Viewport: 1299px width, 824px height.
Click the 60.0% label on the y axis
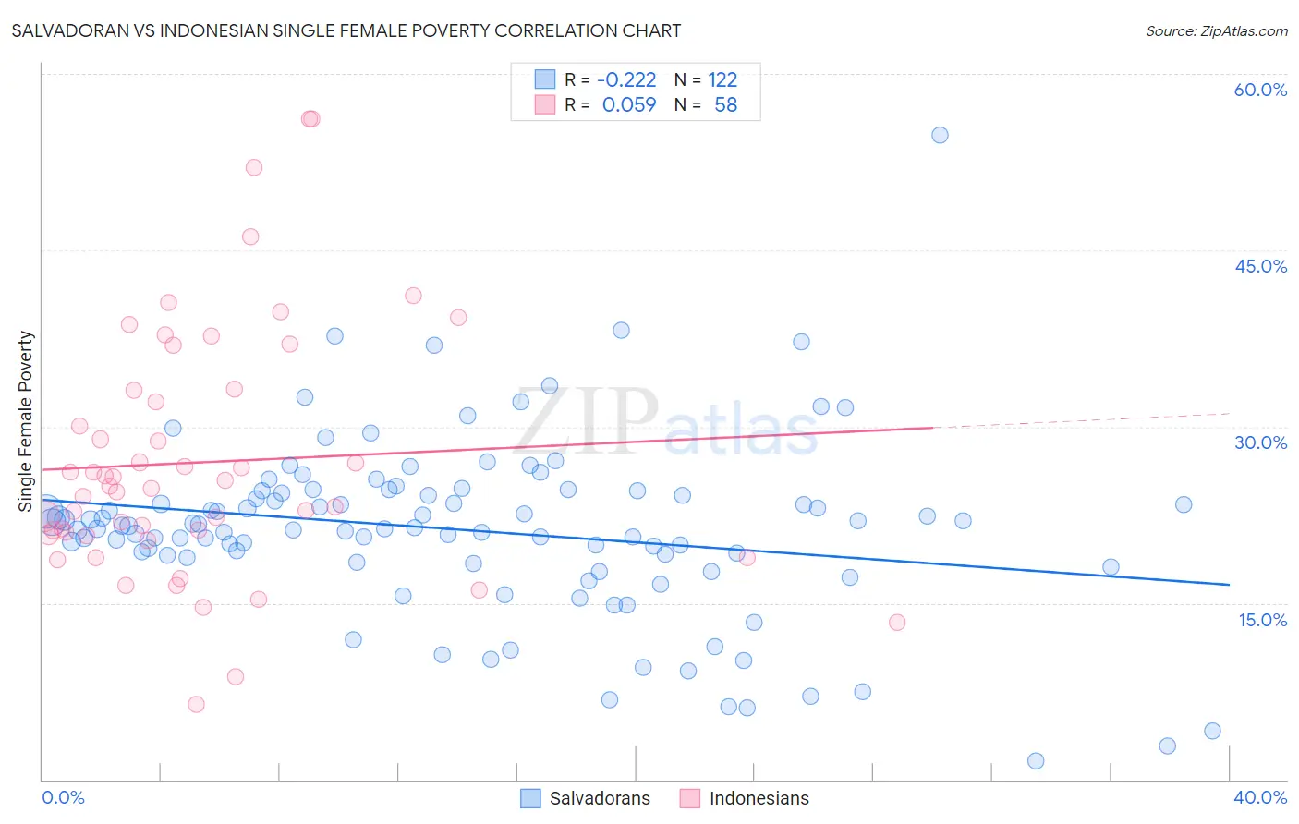tap(1260, 90)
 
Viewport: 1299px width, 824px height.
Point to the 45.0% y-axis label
tap(1260, 266)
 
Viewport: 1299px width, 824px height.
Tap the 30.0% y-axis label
tap(1260, 442)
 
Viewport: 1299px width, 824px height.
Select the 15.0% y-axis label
tap(1262, 620)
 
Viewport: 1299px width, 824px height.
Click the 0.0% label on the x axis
tap(63, 797)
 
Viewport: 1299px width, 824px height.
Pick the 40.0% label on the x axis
tap(1260, 797)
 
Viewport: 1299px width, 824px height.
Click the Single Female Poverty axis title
tap(26, 421)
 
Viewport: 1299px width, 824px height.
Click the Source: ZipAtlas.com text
tap(1216, 31)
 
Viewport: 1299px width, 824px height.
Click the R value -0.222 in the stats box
tap(626, 80)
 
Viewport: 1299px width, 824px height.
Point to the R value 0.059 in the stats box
tap(628, 105)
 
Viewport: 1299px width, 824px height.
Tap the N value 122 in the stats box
tap(722, 80)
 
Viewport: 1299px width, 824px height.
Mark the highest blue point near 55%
tap(940, 135)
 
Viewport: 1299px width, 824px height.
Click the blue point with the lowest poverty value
tap(1036, 761)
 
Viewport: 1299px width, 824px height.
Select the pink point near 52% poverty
tap(254, 167)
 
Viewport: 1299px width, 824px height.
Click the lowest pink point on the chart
tap(196, 705)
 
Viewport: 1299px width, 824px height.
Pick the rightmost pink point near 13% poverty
tap(897, 623)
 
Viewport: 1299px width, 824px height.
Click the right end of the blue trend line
tap(1229, 585)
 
